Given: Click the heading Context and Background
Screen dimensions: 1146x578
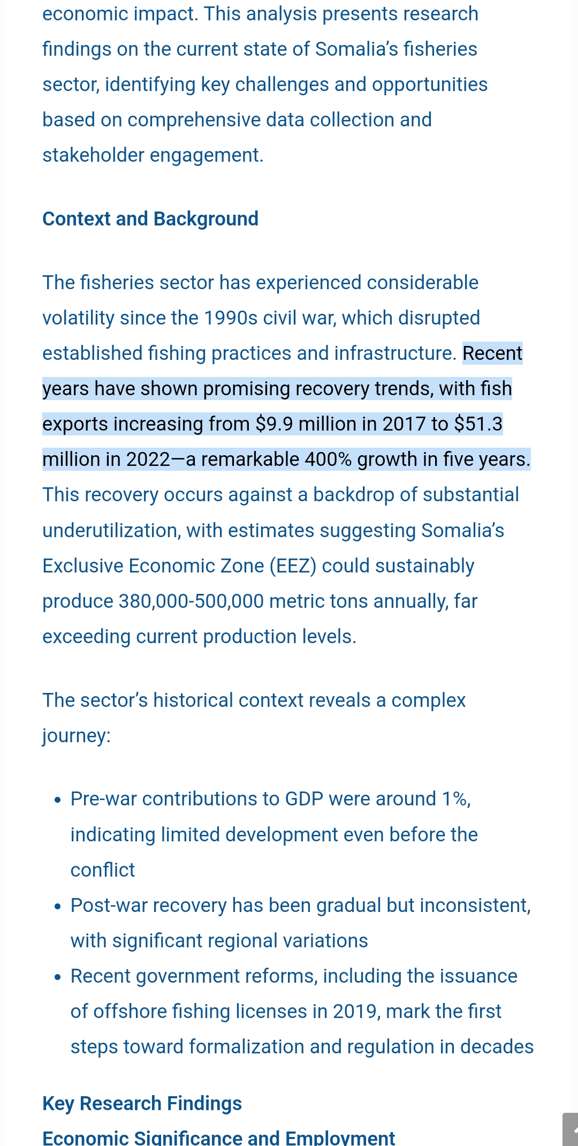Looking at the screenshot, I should pyautogui.click(x=150, y=219).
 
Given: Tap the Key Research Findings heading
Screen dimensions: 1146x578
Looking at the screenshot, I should pyautogui.click(x=142, y=1104).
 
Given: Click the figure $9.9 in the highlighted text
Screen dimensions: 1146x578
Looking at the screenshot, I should pyautogui.click(x=274, y=424).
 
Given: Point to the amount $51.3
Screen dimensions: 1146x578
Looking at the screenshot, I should pyautogui.click(x=478, y=424).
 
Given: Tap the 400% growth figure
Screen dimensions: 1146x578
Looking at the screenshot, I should pyautogui.click(x=328, y=459).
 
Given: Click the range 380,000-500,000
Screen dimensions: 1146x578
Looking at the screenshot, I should pyautogui.click(x=191, y=601).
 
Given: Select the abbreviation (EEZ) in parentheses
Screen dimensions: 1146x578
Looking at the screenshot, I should pyautogui.click(x=293, y=566).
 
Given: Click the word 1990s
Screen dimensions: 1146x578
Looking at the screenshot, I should pyautogui.click(x=232, y=318).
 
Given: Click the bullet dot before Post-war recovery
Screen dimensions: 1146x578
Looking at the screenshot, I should pyautogui.click(x=58, y=907).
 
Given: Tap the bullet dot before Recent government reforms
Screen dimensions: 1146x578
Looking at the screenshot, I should pyautogui.click(x=58, y=977).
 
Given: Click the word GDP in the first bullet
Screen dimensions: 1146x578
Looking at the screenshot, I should pyautogui.click(x=304, y=799).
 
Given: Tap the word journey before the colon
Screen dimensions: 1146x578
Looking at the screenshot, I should pyautogui.click(x=74, y=736).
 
